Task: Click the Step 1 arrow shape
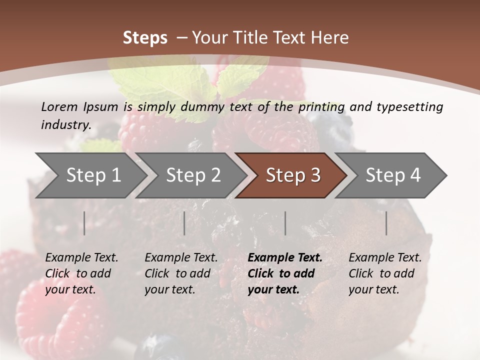90,175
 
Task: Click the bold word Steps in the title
145,37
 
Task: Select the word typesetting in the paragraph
409,106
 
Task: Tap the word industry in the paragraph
65,124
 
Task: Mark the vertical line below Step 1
84,223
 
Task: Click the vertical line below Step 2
184,223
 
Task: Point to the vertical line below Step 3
285,223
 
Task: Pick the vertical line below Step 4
386,223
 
